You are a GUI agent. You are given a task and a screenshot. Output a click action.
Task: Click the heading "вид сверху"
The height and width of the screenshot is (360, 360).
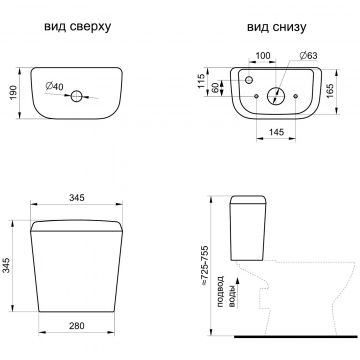tap(77, 27)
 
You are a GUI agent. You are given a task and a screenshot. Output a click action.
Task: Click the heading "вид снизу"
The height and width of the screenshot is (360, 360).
tap(276, 27)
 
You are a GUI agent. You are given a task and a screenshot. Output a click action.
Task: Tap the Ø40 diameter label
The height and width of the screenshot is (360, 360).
tap(54, 86)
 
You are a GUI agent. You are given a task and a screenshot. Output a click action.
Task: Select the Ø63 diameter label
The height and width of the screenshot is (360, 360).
tap(308, 56)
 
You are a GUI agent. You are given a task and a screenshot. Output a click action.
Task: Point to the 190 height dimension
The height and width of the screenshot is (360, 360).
tap(13, 94)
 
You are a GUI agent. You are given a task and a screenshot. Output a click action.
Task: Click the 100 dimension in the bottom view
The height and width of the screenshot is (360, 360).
tap(263, 56)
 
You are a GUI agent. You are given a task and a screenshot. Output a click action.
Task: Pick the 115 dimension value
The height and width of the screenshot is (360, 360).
tap(201, 81)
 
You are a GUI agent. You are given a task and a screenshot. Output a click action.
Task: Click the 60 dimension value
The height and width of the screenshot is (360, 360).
tap(216, 88)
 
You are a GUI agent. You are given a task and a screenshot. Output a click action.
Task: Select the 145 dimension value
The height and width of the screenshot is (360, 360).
tap(276, 132)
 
